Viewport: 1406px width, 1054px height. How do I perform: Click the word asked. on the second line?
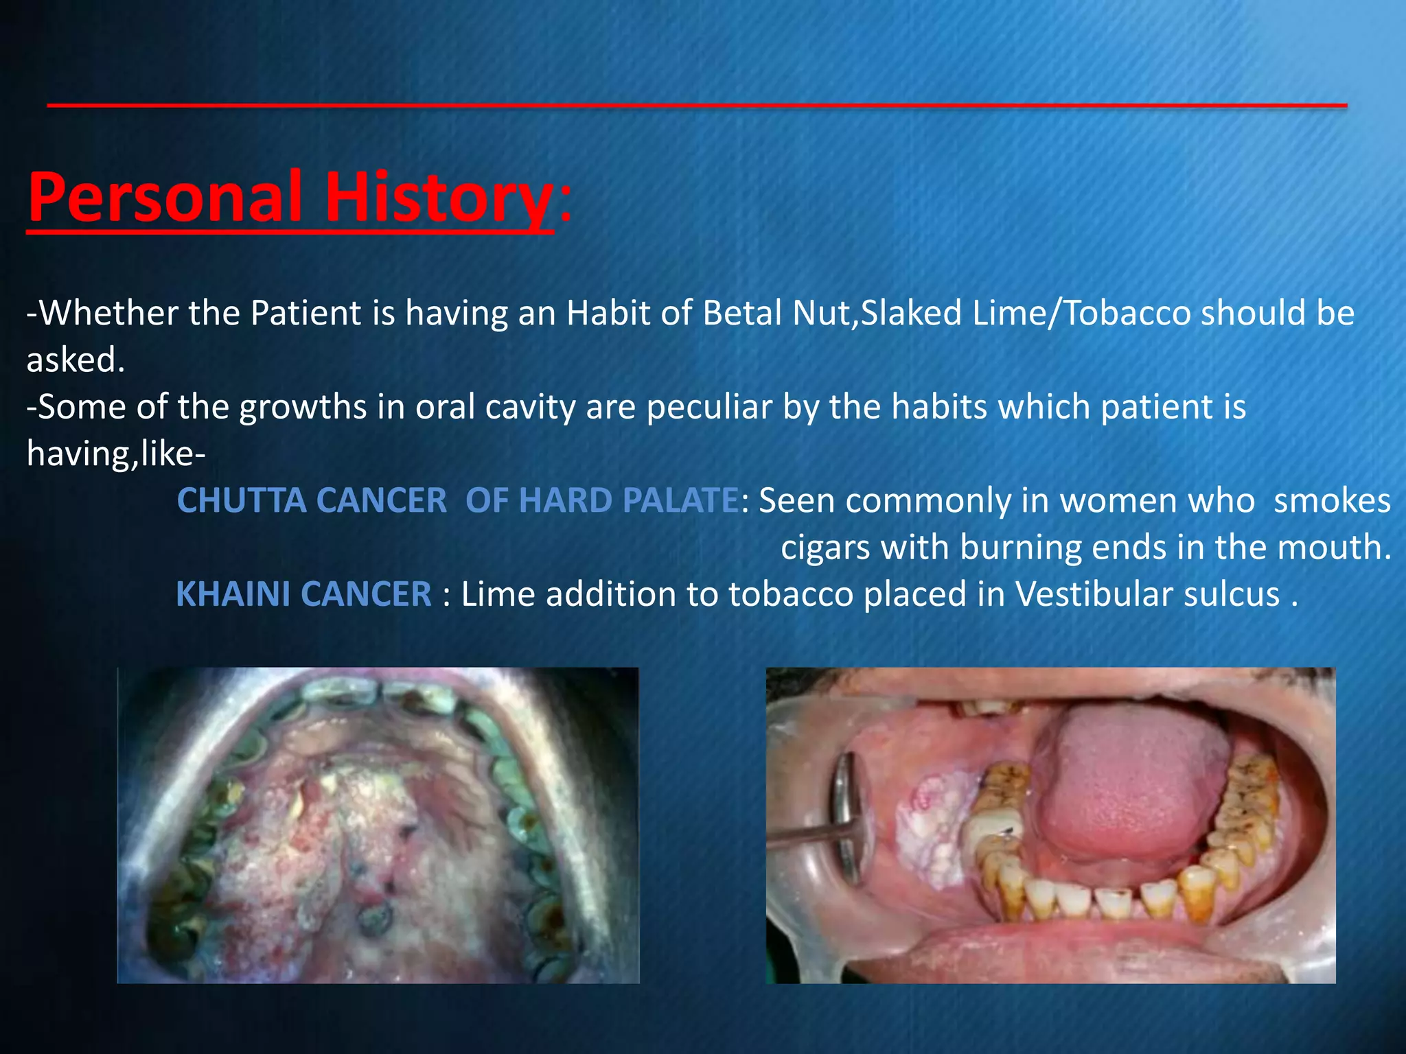point(76,360)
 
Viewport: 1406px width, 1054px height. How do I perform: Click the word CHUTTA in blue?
point(241,500)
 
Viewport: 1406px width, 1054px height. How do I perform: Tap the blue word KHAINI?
point(234,594)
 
